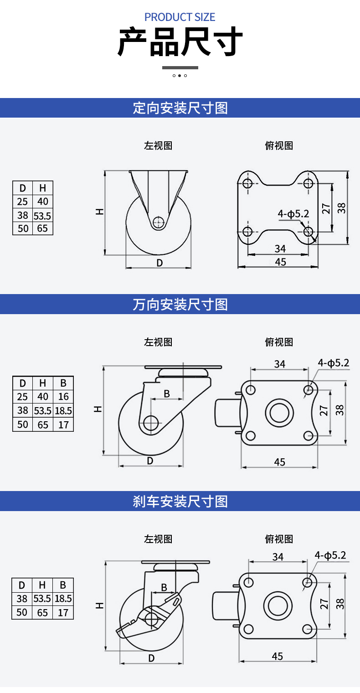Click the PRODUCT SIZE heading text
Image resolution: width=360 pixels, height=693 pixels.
tap(180, 17)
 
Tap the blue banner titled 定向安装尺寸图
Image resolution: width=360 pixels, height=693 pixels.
tap(180, 108)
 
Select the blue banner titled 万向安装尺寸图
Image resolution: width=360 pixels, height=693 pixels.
tap(180, 304)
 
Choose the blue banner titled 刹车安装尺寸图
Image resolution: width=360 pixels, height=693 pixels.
tap(180, 502)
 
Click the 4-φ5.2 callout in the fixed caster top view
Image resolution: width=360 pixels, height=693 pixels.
tap(293, 213)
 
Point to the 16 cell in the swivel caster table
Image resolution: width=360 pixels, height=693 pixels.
tap(63, 397)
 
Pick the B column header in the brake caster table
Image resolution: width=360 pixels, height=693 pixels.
tap(63, 585)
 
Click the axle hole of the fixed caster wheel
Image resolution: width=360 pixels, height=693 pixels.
tap(158, 222)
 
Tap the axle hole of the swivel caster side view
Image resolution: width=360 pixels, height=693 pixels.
tap(150, 422)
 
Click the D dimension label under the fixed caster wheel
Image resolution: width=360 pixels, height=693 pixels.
tap(159, 263)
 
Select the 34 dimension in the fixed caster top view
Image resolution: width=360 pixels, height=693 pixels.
tap(280, 248)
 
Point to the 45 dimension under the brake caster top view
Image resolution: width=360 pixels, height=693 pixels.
tap(278, 656)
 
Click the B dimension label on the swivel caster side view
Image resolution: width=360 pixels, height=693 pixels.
tap(167, 393)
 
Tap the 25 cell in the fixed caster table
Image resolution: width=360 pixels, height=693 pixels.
tap(22, 202)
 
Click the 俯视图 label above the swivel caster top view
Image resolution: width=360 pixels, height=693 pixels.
tap(279, 342)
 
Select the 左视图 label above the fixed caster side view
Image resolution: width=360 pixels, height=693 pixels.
tap(158, 145)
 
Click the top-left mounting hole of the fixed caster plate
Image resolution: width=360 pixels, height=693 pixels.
tap(247, 183)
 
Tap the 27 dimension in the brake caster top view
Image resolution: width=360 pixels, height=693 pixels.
tap(324, 604)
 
